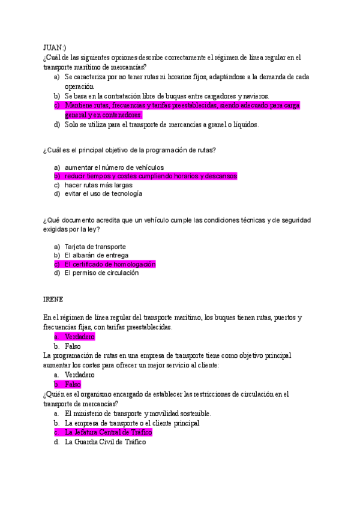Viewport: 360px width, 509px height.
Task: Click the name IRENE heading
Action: [x=53, y=299]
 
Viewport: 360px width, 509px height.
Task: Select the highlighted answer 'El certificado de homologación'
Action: [x=110, y=264]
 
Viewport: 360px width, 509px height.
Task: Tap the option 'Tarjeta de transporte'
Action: [x=95, y=247]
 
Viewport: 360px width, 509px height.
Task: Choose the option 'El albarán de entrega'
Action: [x=97, y=255]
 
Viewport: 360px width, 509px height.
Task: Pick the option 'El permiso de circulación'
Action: [x=102, y=273]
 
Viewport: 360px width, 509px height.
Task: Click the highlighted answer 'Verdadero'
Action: [x=80, y=337]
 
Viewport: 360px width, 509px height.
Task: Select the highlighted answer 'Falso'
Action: [x=73, y=384]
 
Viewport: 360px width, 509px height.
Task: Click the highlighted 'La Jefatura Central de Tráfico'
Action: [x=108, y=432]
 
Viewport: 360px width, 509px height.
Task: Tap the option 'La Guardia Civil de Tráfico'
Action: [x=105, y=442]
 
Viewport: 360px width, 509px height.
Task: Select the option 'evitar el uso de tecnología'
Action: [x=103, y=194]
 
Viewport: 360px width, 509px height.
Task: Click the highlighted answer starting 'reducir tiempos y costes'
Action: [x=151, y=176]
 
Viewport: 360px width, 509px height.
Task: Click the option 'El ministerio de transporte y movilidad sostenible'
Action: [x=137, y=414]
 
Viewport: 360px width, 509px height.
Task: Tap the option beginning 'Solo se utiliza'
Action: [x=161, y=125]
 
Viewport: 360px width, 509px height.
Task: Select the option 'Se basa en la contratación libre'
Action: [x=167, y=96]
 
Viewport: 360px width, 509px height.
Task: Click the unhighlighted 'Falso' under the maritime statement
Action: [x=73, y=346]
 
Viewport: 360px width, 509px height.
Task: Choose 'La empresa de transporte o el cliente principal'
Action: [x=132, y=423]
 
